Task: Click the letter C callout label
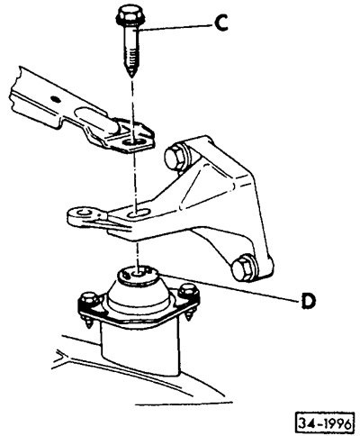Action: pyautogui.click(x=221, y=23)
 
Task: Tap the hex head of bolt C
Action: pyautogui.click(x=127, y=16)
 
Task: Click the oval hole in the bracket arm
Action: pyautogui.click(x=138, y=214)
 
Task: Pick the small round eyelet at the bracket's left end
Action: pyautogui.click(x=82, y=213)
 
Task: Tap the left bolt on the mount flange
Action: pyautogui.click(x=87, y=300)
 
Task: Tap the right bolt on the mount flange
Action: pyautogui.click(x=187, y=293)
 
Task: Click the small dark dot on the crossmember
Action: pyautogui.click(x=55, y=97)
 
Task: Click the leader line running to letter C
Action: pyautogui.click(x=173, y=27)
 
